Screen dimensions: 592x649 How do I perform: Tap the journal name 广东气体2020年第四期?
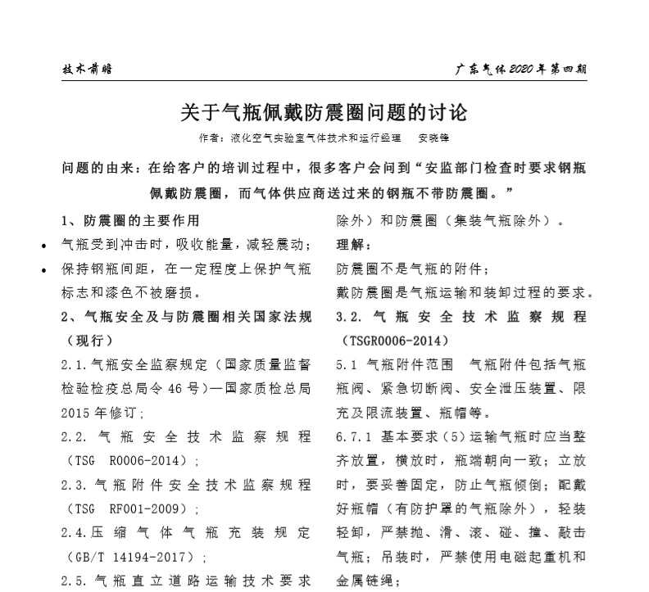coord(521,69)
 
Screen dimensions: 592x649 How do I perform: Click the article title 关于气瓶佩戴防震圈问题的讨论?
coord(324,111)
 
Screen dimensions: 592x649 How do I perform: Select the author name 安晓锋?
coord(433,138)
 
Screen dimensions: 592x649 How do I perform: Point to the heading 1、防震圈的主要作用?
coord(130,220)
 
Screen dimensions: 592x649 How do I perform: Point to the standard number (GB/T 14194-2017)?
coord(140,558)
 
